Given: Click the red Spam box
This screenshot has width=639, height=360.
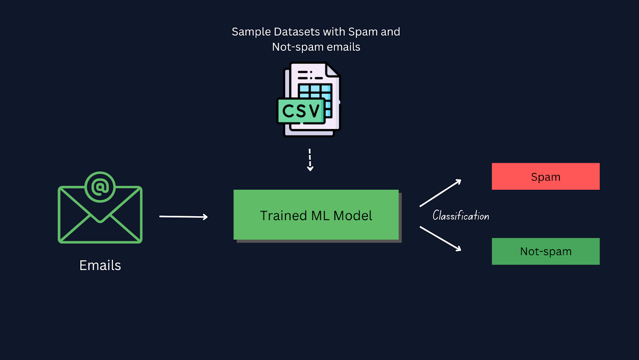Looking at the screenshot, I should pyautogui.click(x=546, y=176).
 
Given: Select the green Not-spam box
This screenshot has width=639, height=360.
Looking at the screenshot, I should pyautogui.click(x=546, y=251).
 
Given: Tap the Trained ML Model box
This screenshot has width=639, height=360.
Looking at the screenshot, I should pyautogui.click(x=316, y=215).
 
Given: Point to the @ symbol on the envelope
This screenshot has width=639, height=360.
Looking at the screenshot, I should pyautogui.click(x=100, y=187).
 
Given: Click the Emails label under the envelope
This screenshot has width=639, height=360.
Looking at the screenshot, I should pyautogui.click(x=100, y=265).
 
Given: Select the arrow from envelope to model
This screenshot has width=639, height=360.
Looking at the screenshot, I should pyautogui.click(x=183, y=217).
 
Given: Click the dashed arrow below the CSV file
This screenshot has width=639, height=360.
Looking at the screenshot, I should pyautogui.click(x=310, y=160).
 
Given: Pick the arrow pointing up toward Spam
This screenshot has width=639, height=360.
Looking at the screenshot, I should pyautogui.click(x=441, y=193).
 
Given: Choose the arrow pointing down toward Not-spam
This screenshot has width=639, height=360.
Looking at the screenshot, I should pyautogui.click(x=441, y=239).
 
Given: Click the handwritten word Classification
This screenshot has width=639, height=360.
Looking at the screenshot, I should pyautogui.click(x=460, y=216).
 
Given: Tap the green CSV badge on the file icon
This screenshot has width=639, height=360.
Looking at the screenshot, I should pyautogui.click(x=301, y=111).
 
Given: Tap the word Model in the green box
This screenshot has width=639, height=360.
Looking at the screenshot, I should pyautogui.click(x=353, y=216).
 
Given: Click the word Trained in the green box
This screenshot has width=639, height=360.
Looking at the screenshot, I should pyautogui.click(x=284, y=216).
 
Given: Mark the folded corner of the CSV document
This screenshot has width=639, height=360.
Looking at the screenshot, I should pyautogui.click(x=332, y=70).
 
